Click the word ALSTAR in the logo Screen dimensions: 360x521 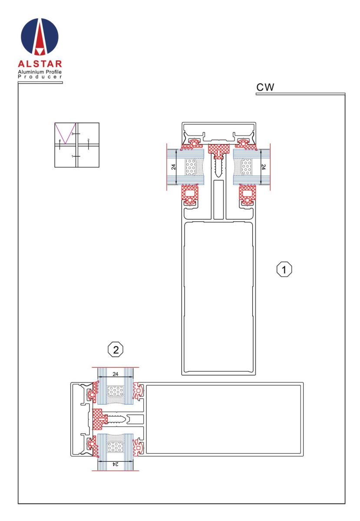pyautogui.click(x=40, y=64)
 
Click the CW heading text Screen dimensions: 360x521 pyautogui.click(x=265, y=87)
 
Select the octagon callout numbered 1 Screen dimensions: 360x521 pyautogui.click(x=284, y=269)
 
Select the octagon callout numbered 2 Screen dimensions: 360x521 pyautogui.click(x=116, y=350)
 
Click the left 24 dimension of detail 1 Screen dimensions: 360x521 pyautogui.click(x=174, y=167)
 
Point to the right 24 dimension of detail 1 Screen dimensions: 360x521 pyautogui.click(x=263, y=167)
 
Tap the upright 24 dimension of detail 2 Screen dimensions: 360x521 pyautogui.click(x=116, y=374)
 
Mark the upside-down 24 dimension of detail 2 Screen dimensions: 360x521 pyautogui.click(x=116, y=464)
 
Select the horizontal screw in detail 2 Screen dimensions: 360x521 pyautogui.click(x=116, y=419)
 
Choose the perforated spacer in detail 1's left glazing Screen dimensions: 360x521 pyautogui.click(x=191, y=167)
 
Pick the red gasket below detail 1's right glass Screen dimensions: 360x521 pyautogui.click(x=247, y=194)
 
